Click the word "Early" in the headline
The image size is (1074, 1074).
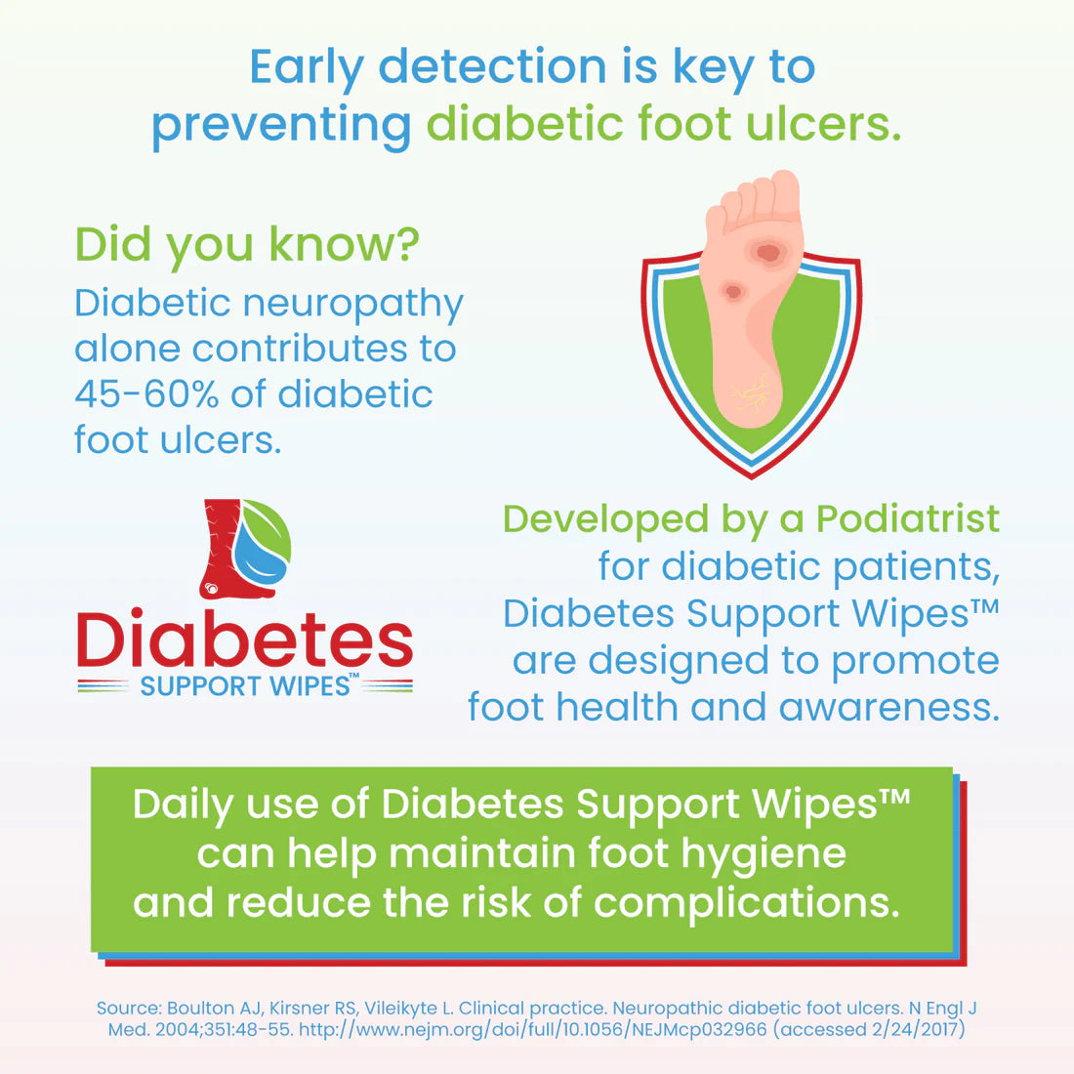click(307, 67)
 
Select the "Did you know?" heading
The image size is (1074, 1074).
click(247, 245)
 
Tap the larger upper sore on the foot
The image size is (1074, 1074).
click(768, 253)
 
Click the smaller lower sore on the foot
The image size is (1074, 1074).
click(732, 291)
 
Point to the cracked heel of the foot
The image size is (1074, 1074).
click(748, 395)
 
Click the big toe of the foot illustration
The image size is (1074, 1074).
click(783, 191)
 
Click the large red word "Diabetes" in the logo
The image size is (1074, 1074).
click(245, 641)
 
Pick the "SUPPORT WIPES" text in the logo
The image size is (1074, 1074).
click(244, 686)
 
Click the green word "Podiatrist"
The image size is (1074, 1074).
click(907, 519)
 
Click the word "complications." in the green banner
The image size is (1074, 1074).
click(746, 903)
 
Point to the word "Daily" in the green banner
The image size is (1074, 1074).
click(183, 805)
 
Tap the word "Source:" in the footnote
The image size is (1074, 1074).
click(128, 1008)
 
